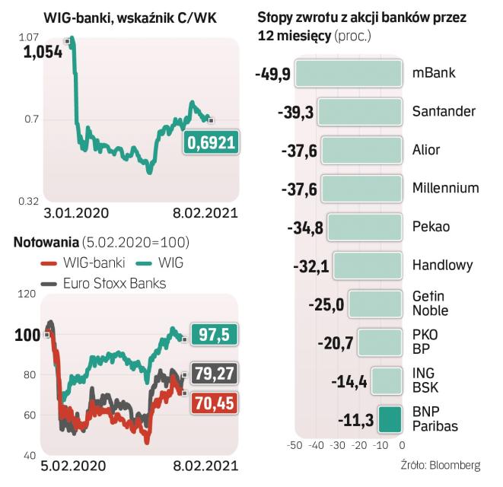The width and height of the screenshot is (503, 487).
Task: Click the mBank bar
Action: pos(348,73)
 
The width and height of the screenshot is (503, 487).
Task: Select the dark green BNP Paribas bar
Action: pos(389,419)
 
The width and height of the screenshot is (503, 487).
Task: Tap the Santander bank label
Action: pos(444,111)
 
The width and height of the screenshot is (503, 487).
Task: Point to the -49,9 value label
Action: pos(272,73)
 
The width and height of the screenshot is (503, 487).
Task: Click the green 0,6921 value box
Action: pos(209,142)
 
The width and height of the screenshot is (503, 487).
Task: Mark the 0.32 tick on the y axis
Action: pos(28,201)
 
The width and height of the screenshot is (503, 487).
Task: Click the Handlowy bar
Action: pos(367,265)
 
